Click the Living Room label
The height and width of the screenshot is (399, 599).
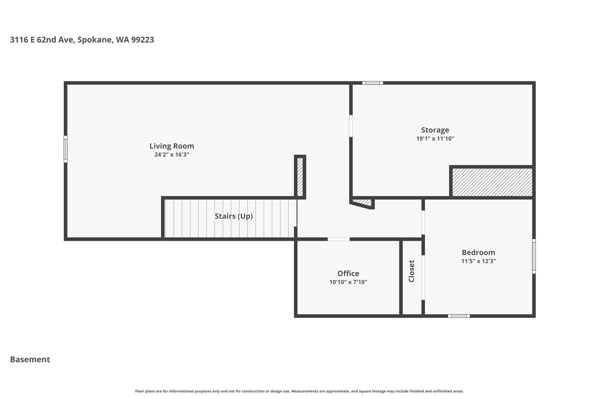[172, 146]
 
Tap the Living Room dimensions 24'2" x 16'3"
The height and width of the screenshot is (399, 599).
[172, 155]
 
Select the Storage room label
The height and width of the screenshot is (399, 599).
[435, 130]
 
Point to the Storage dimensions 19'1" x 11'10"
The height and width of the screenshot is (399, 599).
[435, 139]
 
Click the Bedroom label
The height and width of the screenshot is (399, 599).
[478, 253]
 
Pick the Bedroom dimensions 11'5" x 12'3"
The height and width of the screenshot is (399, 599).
[478, 261]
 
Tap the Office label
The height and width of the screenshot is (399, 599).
[348, 274]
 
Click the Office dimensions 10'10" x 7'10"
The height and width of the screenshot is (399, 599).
[348, 282]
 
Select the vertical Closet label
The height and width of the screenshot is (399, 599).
[412, 271]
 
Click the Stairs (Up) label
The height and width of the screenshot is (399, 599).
[234, 216]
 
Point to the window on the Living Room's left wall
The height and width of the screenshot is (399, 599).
[66, 149]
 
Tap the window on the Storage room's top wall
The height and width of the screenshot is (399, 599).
[372, 83]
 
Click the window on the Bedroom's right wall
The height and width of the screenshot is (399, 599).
[534, 256]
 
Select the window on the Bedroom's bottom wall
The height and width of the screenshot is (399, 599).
[459, 316]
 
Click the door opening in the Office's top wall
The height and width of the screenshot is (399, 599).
[338, 239]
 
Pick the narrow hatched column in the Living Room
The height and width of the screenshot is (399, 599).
[300, 177]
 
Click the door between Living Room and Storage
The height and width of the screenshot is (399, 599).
[351, 126]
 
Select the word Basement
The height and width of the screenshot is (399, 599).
[30, 360]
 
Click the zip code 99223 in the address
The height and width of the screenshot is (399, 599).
[142, 40]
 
